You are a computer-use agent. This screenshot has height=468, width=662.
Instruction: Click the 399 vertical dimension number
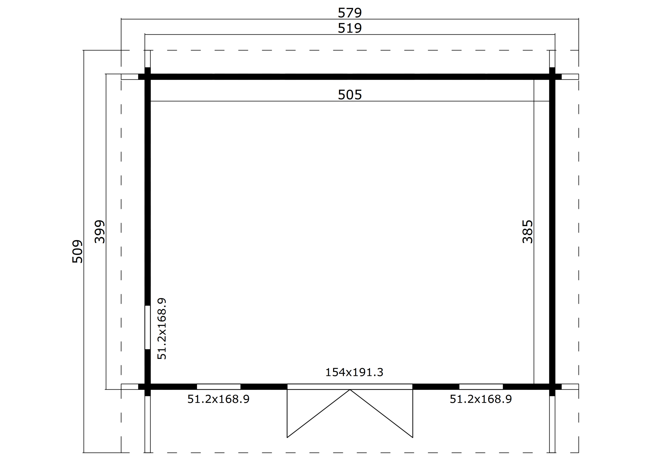click(100, 232)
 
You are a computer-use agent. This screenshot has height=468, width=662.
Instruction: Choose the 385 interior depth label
click(527, 232)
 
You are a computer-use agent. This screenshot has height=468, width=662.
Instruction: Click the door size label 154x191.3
click(354, 372)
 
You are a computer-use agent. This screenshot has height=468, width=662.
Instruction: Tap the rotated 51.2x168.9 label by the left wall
click(162, 329)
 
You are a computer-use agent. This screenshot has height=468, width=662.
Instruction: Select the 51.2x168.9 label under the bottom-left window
click(218, 399)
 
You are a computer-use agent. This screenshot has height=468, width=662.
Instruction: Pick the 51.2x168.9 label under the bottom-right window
click(481, 399)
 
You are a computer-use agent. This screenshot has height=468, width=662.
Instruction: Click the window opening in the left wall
click(147, 327)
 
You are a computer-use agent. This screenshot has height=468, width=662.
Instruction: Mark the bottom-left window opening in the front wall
click(219, 387)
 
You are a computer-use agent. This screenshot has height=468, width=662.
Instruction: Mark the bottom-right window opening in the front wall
click(481, 387)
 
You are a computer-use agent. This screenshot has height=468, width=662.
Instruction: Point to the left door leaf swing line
click(318, 413)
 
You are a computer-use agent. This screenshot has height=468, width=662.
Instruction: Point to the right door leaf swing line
click(381, 413)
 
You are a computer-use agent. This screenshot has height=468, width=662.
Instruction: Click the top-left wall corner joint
click(147, 77)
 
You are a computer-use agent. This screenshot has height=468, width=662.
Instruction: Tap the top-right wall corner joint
click(552, 77)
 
